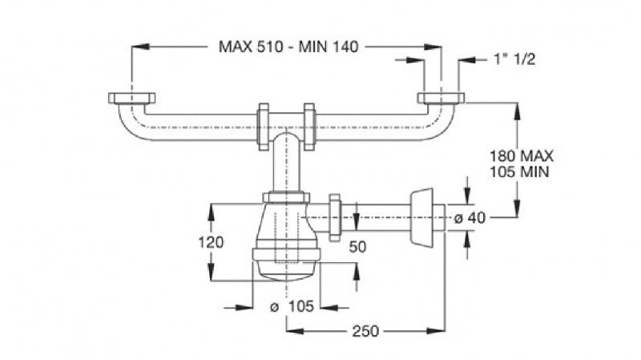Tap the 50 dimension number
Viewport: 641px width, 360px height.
tap(357, 247)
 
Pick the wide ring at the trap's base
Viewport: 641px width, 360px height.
tap(286, 255)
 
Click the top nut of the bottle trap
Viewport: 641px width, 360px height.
tap(286, 197)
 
